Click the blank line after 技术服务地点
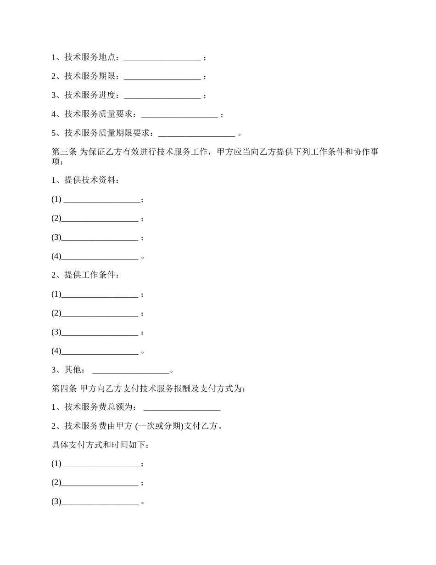(162, 58)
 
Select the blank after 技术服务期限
(162, 77)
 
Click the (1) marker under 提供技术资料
(56, 199)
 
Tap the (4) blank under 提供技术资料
(100, 257)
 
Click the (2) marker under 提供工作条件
(56, 313)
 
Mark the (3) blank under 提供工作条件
(100, 333)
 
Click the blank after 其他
(131, 370)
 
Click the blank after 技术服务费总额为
(182, 407)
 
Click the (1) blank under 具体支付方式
(101, 464)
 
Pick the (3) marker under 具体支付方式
(56, 502)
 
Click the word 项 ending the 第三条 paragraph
(56, 162)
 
